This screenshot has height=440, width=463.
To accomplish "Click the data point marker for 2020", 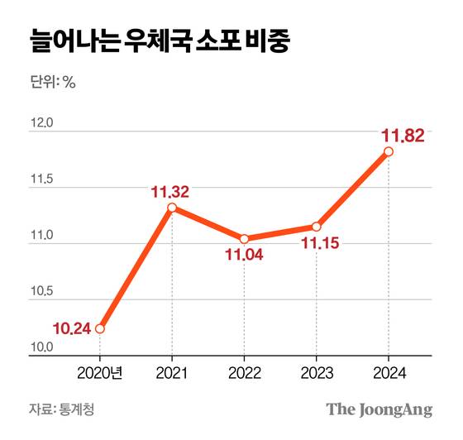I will click(x=100, y=328).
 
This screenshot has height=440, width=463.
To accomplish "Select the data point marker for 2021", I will click(x=172, y=208).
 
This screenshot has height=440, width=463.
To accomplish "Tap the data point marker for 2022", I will click(x=244, y=239).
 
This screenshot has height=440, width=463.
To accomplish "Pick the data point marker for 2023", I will click(x=316, y=227).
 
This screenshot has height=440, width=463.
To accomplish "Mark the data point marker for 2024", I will click(x=388, y=151).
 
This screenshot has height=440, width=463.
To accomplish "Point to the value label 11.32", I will click(x=171, y=192).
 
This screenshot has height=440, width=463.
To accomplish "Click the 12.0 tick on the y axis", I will click(x=41, y=123).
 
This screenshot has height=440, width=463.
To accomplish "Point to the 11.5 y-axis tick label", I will click(x=41, y=179).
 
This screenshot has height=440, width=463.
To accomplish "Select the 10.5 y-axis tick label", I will click(x=41, y=292).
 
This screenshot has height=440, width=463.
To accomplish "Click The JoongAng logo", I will click(x=379, y=409).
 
